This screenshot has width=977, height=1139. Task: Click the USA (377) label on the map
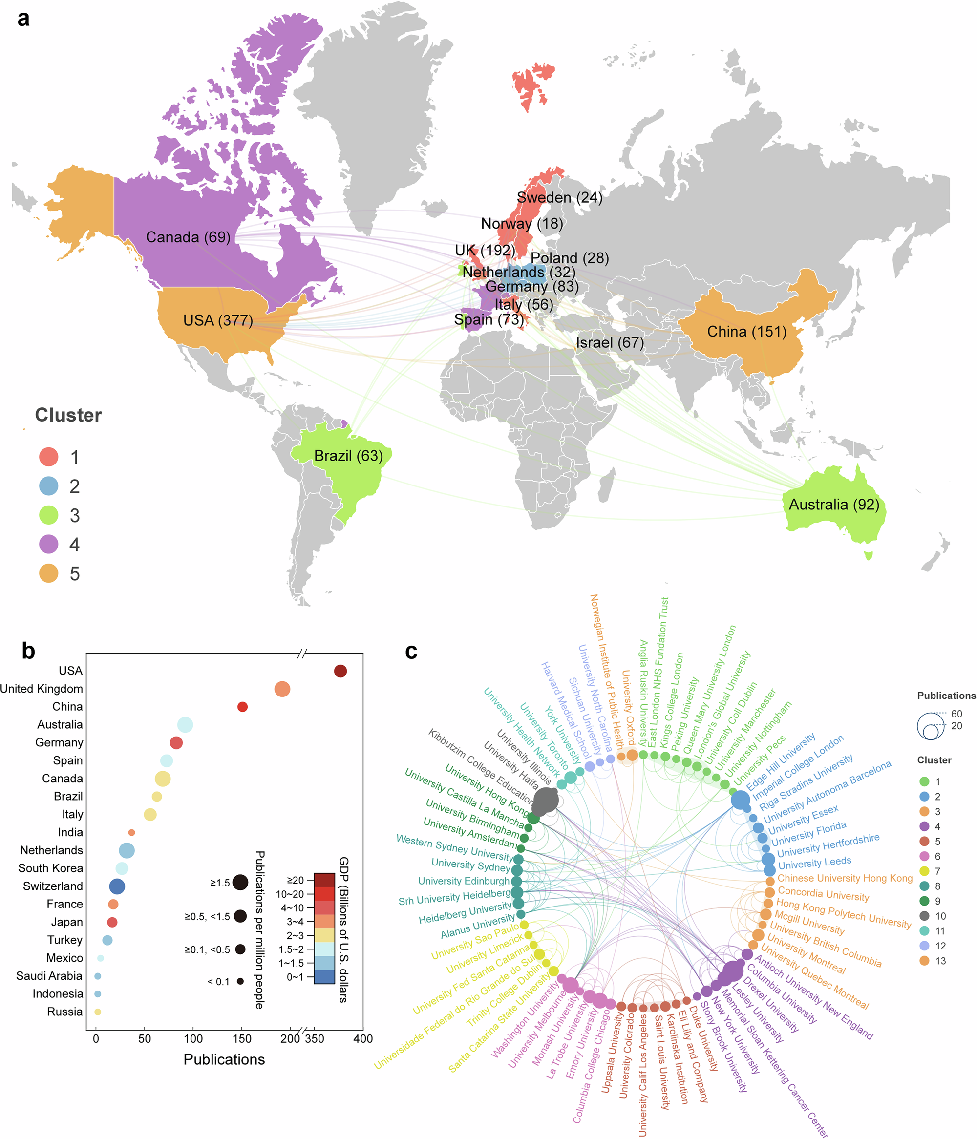tap(218, 320)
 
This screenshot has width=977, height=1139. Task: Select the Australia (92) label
tap(833, 505)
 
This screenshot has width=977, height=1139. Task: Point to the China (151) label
tap(746, 332)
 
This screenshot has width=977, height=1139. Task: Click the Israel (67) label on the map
tap(609, 342)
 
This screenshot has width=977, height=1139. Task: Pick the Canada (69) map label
tap(188, 237)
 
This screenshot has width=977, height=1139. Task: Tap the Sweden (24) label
tap(559, 197)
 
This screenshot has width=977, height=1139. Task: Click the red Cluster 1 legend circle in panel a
tap(48, 457)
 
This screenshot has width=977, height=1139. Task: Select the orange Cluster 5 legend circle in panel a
tap(48, 573)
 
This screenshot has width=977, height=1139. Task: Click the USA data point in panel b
tap(340, 671)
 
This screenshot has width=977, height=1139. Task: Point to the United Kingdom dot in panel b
tap(282, 689)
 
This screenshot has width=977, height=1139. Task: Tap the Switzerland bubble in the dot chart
tap(117, 886)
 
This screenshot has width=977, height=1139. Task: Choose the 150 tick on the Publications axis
tap(242, 1039)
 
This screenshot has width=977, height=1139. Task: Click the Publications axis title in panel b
tap(224, 1059)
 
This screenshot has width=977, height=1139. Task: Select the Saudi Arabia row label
tap(49, 976)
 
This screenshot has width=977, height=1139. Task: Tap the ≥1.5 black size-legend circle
tap(240, 882)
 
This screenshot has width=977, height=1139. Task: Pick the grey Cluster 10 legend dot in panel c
tap(924, 916)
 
